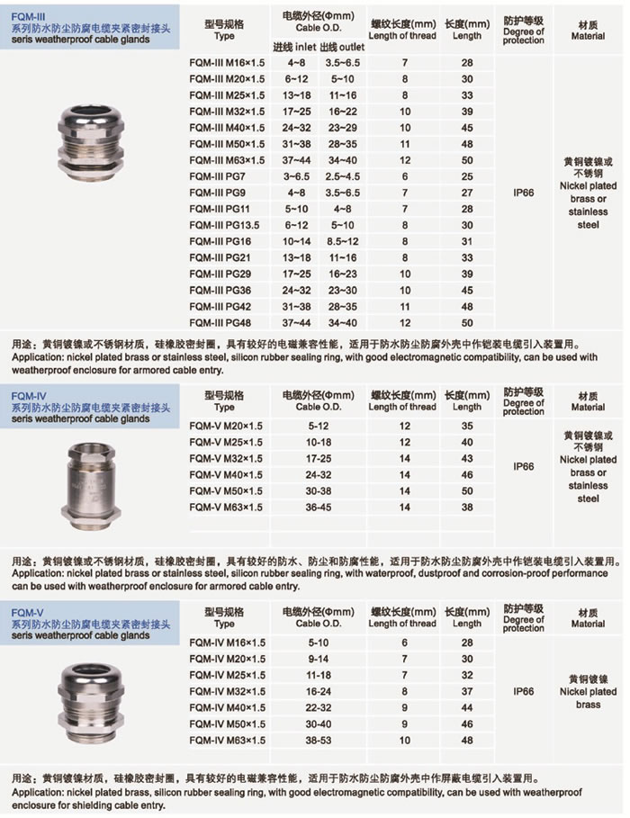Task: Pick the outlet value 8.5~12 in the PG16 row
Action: click(x=343, y=241)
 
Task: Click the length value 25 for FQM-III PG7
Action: click(x=467, y=176)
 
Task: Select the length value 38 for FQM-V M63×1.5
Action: click(x=467, y=507)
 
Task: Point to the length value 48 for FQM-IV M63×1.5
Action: click(x=467, y=740)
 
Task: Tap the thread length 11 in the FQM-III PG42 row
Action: click(x=405, y=306)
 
